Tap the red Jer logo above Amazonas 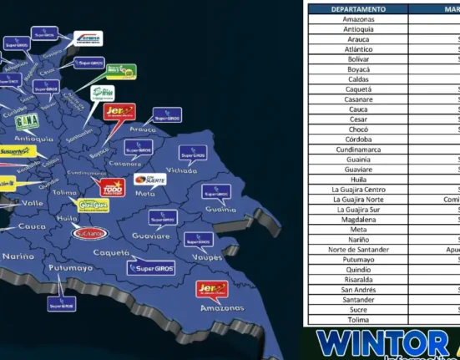click(211, 289)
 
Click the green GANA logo click(27, 121)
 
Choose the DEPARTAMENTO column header click(358, 9)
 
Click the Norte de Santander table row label click(358, 249)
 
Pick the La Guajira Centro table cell click(358, 190)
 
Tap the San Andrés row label click(358, 289)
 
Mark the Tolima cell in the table click(358, 319)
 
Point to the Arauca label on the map click(143, 130)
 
